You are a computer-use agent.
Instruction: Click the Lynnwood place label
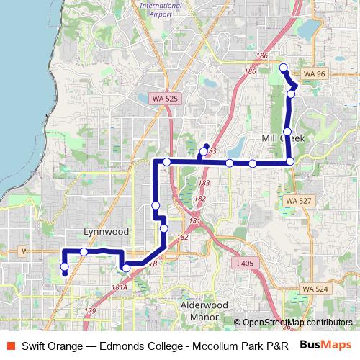[x=106, y=232]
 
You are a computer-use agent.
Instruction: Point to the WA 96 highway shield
[x=315, y=73]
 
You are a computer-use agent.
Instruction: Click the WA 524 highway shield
[x=315, y=288]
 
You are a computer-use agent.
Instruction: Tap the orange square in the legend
[x=9, y=345]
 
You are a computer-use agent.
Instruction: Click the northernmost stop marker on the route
[x=283, y=68]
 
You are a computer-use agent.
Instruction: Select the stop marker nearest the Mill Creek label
[x=287, y=132]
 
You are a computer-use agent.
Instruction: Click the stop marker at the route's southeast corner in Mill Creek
[x=289, y=161]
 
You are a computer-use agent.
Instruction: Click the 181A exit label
[x=120, y=287]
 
